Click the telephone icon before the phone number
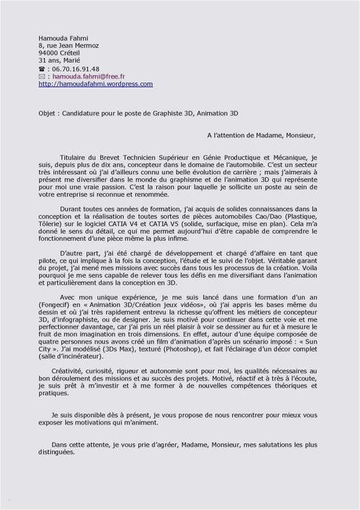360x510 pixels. pyautogui.click(x=42, y=69)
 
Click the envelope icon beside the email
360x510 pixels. pyautogui.click(x=42, y=77)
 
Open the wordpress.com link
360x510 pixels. pyautogui.click(x=96, y=84)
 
